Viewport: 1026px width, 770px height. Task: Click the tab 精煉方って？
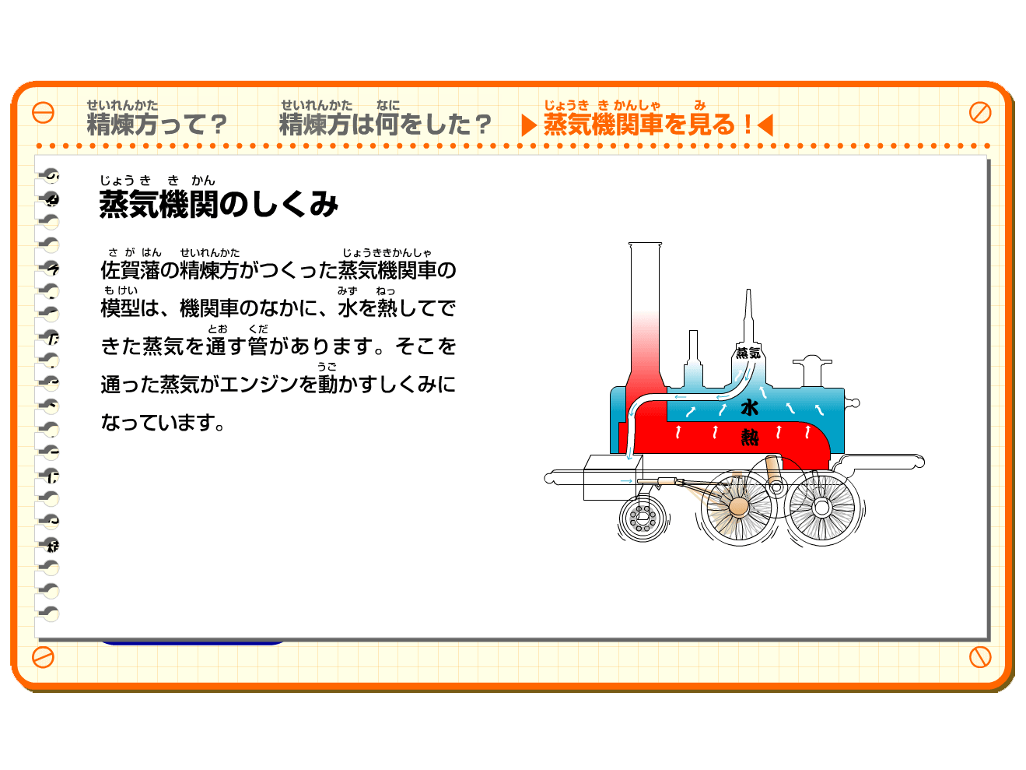click(x=156, y=124)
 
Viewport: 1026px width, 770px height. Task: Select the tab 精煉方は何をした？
click(x=385, y=124)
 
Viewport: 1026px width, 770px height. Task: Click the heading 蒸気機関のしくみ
click(x=219, y=204)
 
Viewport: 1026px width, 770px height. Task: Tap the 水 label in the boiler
click(x=749, y=408)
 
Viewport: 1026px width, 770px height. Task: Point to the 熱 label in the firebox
click(x=750, y=438)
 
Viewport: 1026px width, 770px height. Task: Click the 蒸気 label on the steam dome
click(x=748, y=353)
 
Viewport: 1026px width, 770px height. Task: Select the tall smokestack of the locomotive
click(x=645, y=318)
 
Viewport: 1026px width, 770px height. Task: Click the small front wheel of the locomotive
click(x=643, y=518)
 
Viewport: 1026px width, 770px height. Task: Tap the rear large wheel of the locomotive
click(x=822, y=508)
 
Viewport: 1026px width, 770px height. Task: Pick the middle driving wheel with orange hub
click(x=739, y=508)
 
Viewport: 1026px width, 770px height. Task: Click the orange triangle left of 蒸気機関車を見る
click(x=529, y=125)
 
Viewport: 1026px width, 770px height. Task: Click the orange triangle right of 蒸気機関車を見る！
click(x=765, y=125)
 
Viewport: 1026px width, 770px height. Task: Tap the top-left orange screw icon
click(x=43, y=113)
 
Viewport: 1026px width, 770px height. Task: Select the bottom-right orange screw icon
click(x=980, y=657)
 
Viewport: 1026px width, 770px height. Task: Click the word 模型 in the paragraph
click(x=120, y=308)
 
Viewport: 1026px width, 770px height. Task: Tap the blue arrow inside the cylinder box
click(x=626, y=481)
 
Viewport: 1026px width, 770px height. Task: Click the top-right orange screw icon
click(x=980, y=113)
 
